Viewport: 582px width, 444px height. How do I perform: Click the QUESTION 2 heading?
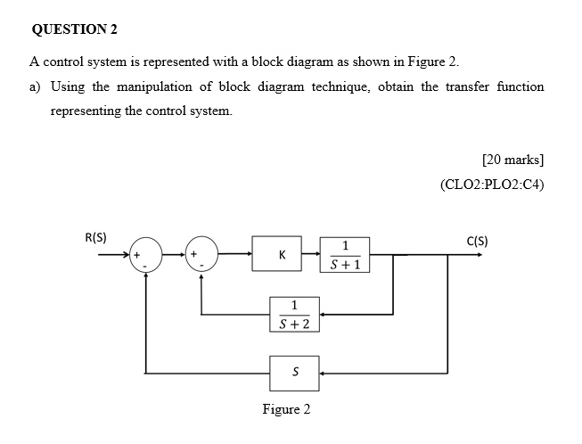(74, 29)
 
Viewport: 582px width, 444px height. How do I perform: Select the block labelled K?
(282, 254)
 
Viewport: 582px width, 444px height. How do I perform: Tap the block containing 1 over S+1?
(344, 254)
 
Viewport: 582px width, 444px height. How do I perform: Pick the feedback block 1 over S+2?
(293, 314)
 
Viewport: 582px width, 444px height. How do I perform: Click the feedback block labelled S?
(293, 372)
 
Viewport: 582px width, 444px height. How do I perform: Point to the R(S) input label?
(95, 238)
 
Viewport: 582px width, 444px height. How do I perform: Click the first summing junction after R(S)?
(146, 254)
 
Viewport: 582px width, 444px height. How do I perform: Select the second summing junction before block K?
(201, 254)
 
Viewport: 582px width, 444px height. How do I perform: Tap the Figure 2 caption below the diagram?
(287, 409)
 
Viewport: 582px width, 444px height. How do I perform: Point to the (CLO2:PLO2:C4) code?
(492, 185)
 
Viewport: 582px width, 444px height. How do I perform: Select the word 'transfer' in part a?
(462, 86)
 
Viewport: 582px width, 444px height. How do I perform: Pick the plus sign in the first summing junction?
(137, 255)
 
